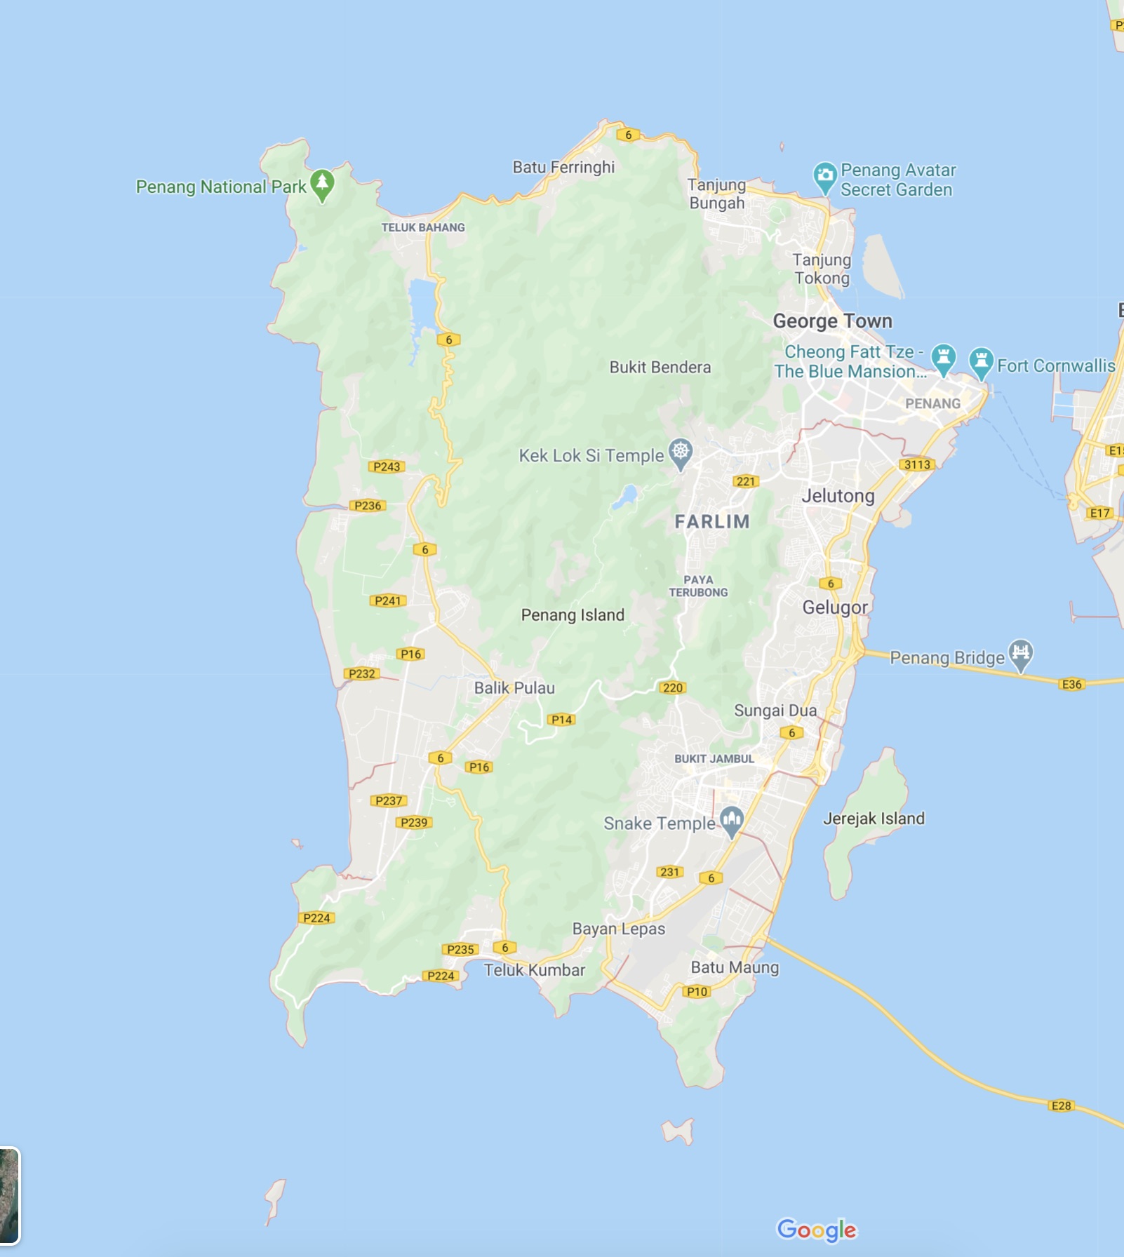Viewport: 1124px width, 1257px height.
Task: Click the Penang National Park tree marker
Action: coord(322,184)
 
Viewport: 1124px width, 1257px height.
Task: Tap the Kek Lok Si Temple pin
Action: coord(681,452)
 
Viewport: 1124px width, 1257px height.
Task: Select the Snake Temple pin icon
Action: coord(732,820)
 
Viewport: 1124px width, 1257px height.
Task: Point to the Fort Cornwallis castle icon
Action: coord(981,362)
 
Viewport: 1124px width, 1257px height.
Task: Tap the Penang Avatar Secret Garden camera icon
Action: coord(825,177)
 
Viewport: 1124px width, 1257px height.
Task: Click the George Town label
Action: coord(832,321)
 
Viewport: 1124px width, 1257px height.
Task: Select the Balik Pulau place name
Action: coord(514,688)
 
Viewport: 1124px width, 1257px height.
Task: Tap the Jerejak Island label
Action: coord(874,819)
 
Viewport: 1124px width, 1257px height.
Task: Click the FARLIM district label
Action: coord(712,522)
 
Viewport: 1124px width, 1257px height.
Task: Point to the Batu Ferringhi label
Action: coord(563,167)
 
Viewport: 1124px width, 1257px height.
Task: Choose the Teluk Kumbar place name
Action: coord(534,970)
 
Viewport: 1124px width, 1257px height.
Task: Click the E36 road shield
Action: coord(1071,685)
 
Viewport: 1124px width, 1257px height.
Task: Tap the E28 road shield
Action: coord(1061,1106)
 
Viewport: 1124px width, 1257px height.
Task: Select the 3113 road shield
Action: coord(917,464)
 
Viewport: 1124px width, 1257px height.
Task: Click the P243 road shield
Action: coord(387,466)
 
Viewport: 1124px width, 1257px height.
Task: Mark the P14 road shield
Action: coord(561,720)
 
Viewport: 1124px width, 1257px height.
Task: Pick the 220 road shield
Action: coord(672,687)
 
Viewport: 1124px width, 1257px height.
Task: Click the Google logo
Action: coord(817,1230)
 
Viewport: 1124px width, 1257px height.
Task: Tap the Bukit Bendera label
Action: coord(660,368)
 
